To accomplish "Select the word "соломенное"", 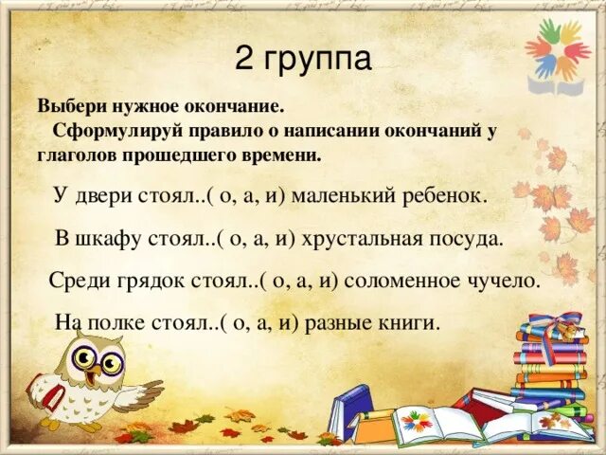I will tap(401, 281).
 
